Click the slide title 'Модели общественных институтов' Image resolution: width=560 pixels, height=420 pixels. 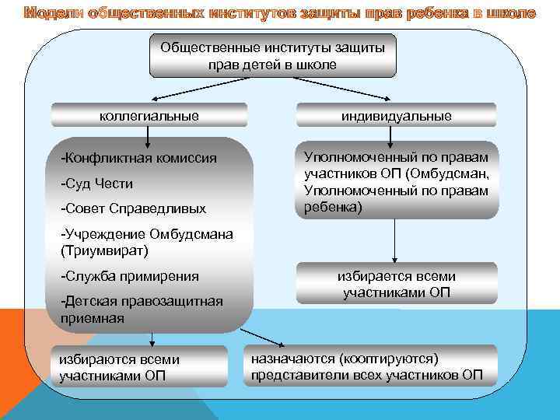click(280, 13)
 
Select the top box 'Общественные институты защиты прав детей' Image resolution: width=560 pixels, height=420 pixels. click(272, 56)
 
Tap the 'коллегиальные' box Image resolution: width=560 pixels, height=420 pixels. click(149, 116)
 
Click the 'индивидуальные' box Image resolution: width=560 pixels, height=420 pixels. click(396, 116)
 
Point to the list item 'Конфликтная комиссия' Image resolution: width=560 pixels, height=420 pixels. click(138, 159)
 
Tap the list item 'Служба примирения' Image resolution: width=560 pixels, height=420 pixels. click(129, 276)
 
